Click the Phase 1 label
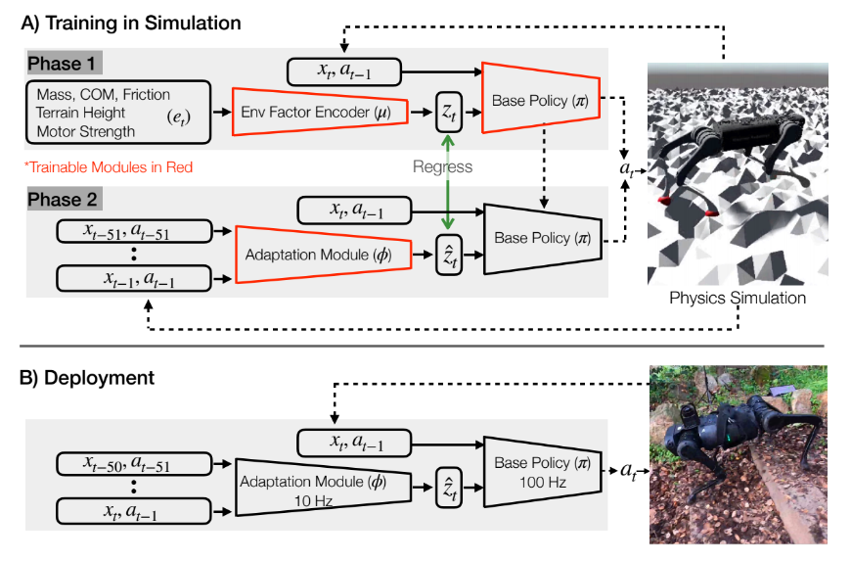pyautogui.click(x=62, y=64)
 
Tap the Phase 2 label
pyautogui.click(x=63, y=200)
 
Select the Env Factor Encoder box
pyautogui.click(x=320, y=112)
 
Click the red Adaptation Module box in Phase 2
pyautogui.click(x=323, y=255)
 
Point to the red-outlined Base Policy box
pyautogui.click(x=541, y=98)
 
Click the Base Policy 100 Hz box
pyautogui.click(x=542, y=471)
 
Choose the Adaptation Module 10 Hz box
pyautogui.click(x=323, y=487)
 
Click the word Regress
pyautogui.click(x=442, y=166)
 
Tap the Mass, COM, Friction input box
pyautogui.click(x=118, y=113)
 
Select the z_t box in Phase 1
pyautogui.click(x=449, y=112)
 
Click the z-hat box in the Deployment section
pyautogui.click(x=449, y=488)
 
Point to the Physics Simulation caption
pyautogui.click(x=737, y=298)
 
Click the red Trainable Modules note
pyautogui.click(x=109, y=166)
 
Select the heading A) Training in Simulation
pyautogui.click(x=131, y=23)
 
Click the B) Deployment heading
pyautogui.click(x=87, y=378)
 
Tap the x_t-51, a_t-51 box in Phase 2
pyautogui.click(x=134, y=231)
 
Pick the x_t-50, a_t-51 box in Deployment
pyautogui.click(x=134, y=464)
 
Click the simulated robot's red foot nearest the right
pyautogui.click(x=710, y=212)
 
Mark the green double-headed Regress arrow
pyautogui.click(x=448, y=182)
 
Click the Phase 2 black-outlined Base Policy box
pyautogui.click(x=542, y=239)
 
